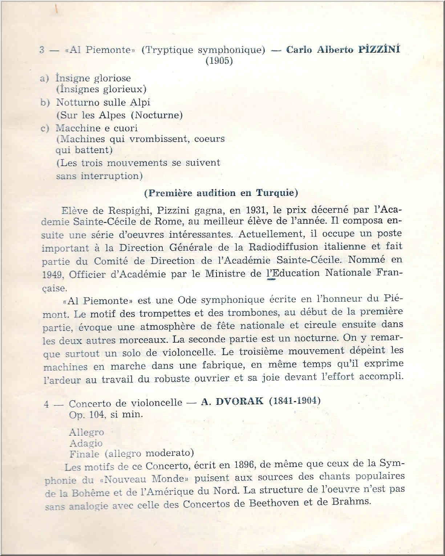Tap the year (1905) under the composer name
(x=219, y=61)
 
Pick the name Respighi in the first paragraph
(x=127, y=210)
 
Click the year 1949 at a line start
(x=53, y=275)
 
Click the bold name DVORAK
(x=240, y=402)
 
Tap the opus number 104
(x=98, y=414)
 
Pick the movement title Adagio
(x=86, y=443)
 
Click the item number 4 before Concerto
(x=46, y=404)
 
